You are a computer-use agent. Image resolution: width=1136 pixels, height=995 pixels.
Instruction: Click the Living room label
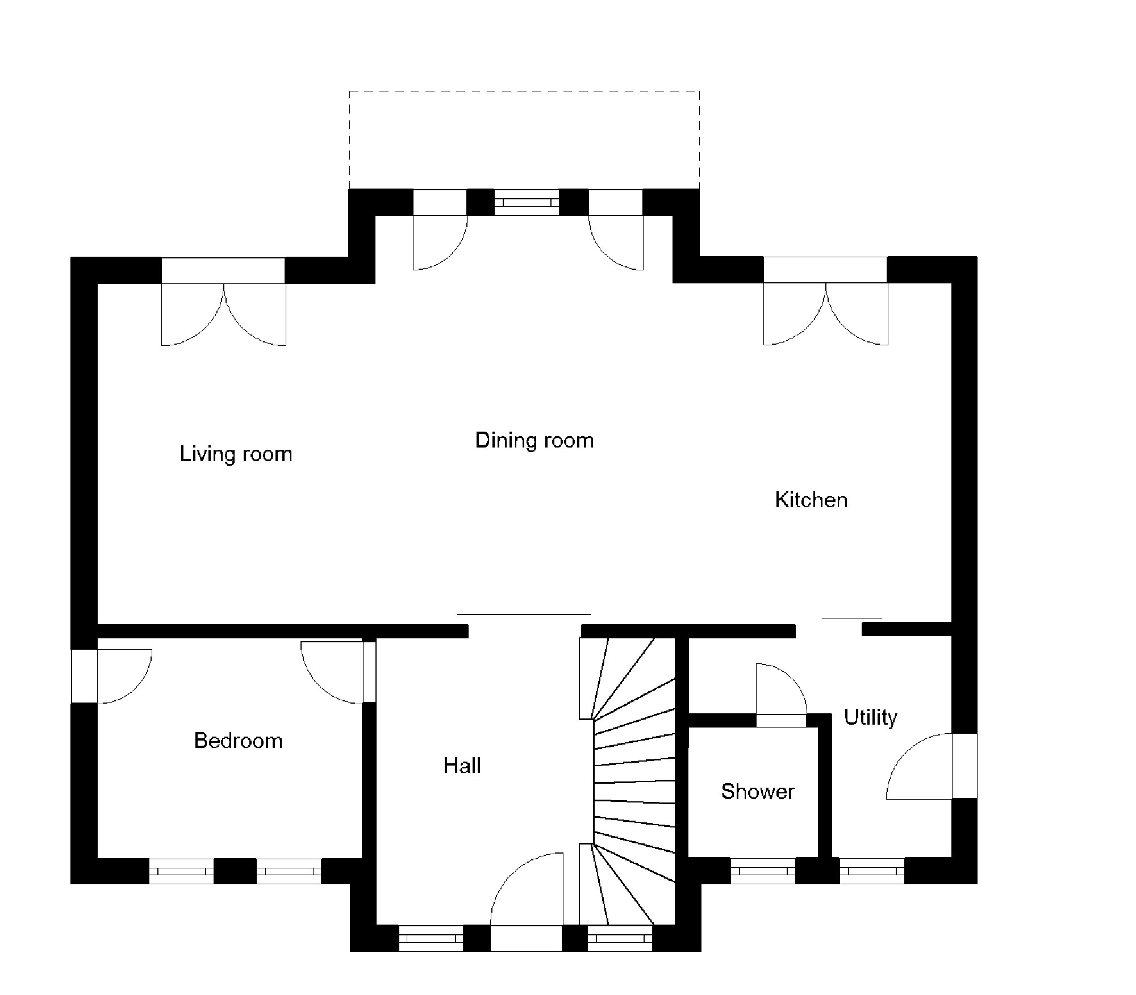point(236,454)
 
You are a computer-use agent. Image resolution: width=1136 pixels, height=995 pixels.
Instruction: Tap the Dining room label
point(534,441)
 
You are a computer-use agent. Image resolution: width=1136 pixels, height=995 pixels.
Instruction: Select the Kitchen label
point(811,500)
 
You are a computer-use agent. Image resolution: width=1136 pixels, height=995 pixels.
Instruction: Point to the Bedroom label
point(238,741)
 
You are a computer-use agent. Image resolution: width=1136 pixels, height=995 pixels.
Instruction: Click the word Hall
point(462,766)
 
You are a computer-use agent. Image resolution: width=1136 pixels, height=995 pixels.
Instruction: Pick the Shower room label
point(758,792)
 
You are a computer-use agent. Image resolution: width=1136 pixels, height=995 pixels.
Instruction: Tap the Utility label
point(870,717)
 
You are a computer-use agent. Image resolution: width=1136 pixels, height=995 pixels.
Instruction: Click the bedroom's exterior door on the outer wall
point(119,676)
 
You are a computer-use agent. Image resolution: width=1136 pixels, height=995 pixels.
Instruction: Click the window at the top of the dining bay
point(527,202)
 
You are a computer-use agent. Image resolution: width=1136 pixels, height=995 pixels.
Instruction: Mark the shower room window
point(763,871)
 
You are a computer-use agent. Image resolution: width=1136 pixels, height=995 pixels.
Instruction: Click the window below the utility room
point(872,871)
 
